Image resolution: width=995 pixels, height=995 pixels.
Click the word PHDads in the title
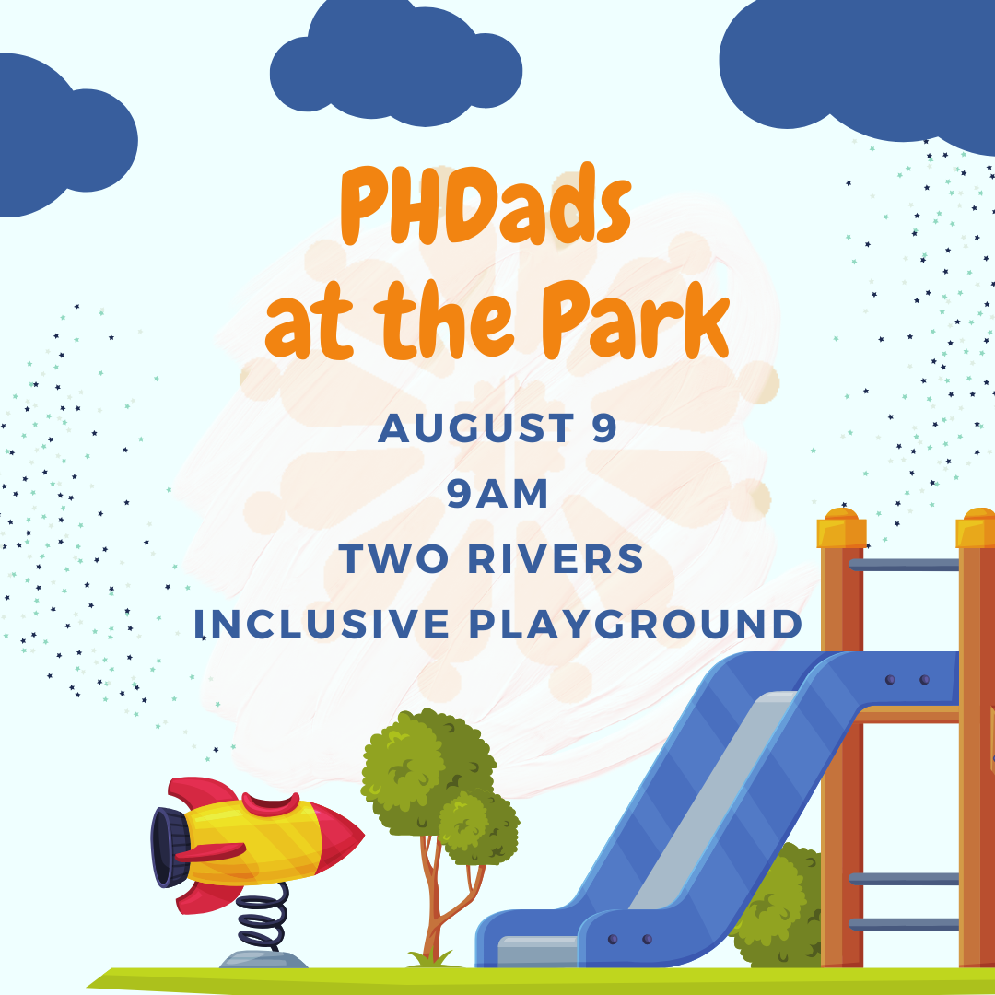point(486,205)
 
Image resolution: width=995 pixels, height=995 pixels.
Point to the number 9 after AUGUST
point(604,427)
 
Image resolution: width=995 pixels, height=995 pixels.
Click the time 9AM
point(497,493)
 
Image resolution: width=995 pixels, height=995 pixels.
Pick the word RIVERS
point(556,559)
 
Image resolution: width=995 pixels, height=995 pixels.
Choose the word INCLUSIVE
point(322,624)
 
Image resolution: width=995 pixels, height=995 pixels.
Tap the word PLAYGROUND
point(636,624)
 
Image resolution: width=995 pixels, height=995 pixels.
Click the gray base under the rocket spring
point(263,959)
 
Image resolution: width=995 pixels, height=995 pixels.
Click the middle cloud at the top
point(396,66)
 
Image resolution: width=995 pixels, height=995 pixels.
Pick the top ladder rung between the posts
point(904,564)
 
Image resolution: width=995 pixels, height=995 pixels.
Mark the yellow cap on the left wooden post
point(841,528)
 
